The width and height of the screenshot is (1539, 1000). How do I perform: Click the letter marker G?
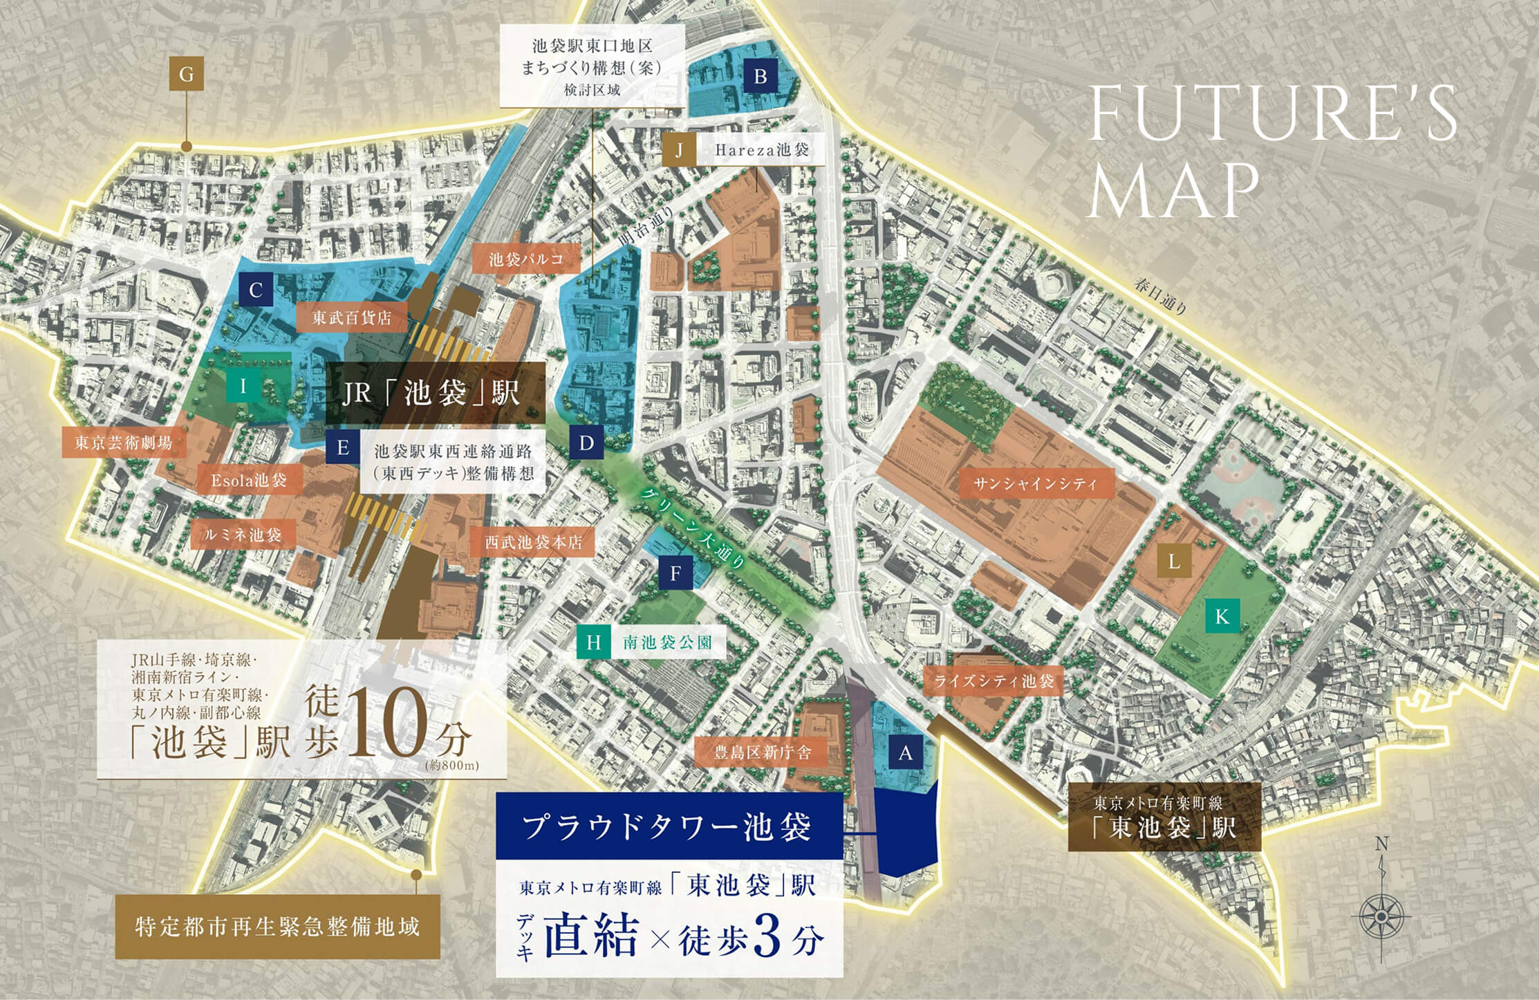coord(186,73)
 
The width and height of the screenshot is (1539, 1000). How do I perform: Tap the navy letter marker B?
coord(760,76)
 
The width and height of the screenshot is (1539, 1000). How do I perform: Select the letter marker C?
coord(255,290)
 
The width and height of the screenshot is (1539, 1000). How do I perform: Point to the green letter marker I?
coord(243,386)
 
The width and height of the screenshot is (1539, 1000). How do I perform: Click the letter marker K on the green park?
coord(1222,616)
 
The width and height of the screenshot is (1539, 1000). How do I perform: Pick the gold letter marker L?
coord(1173,562)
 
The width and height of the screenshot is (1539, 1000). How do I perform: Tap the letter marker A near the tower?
coord(905,753)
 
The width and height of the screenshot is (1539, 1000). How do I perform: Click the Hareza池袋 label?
coord(761,149)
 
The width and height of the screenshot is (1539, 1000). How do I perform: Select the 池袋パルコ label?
coord(526,259)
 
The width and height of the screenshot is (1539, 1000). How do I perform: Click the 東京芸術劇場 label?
coord(123,442)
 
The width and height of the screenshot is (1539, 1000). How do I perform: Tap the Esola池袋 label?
coord(249,479)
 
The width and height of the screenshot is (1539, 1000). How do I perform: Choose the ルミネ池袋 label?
coord(243,535)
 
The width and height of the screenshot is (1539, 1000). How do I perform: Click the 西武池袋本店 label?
coord(533,542)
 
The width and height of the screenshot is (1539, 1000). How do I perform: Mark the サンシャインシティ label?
coord(1034,483)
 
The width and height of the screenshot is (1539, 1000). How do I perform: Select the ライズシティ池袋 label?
coord(994,681)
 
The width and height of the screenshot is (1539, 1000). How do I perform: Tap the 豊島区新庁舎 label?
coord(763,752)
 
